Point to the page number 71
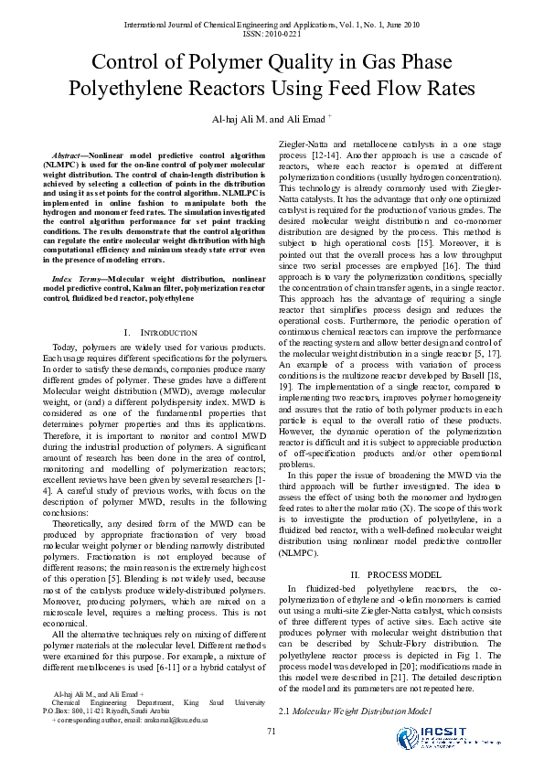(272, 729)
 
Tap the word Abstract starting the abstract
(69, 146)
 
